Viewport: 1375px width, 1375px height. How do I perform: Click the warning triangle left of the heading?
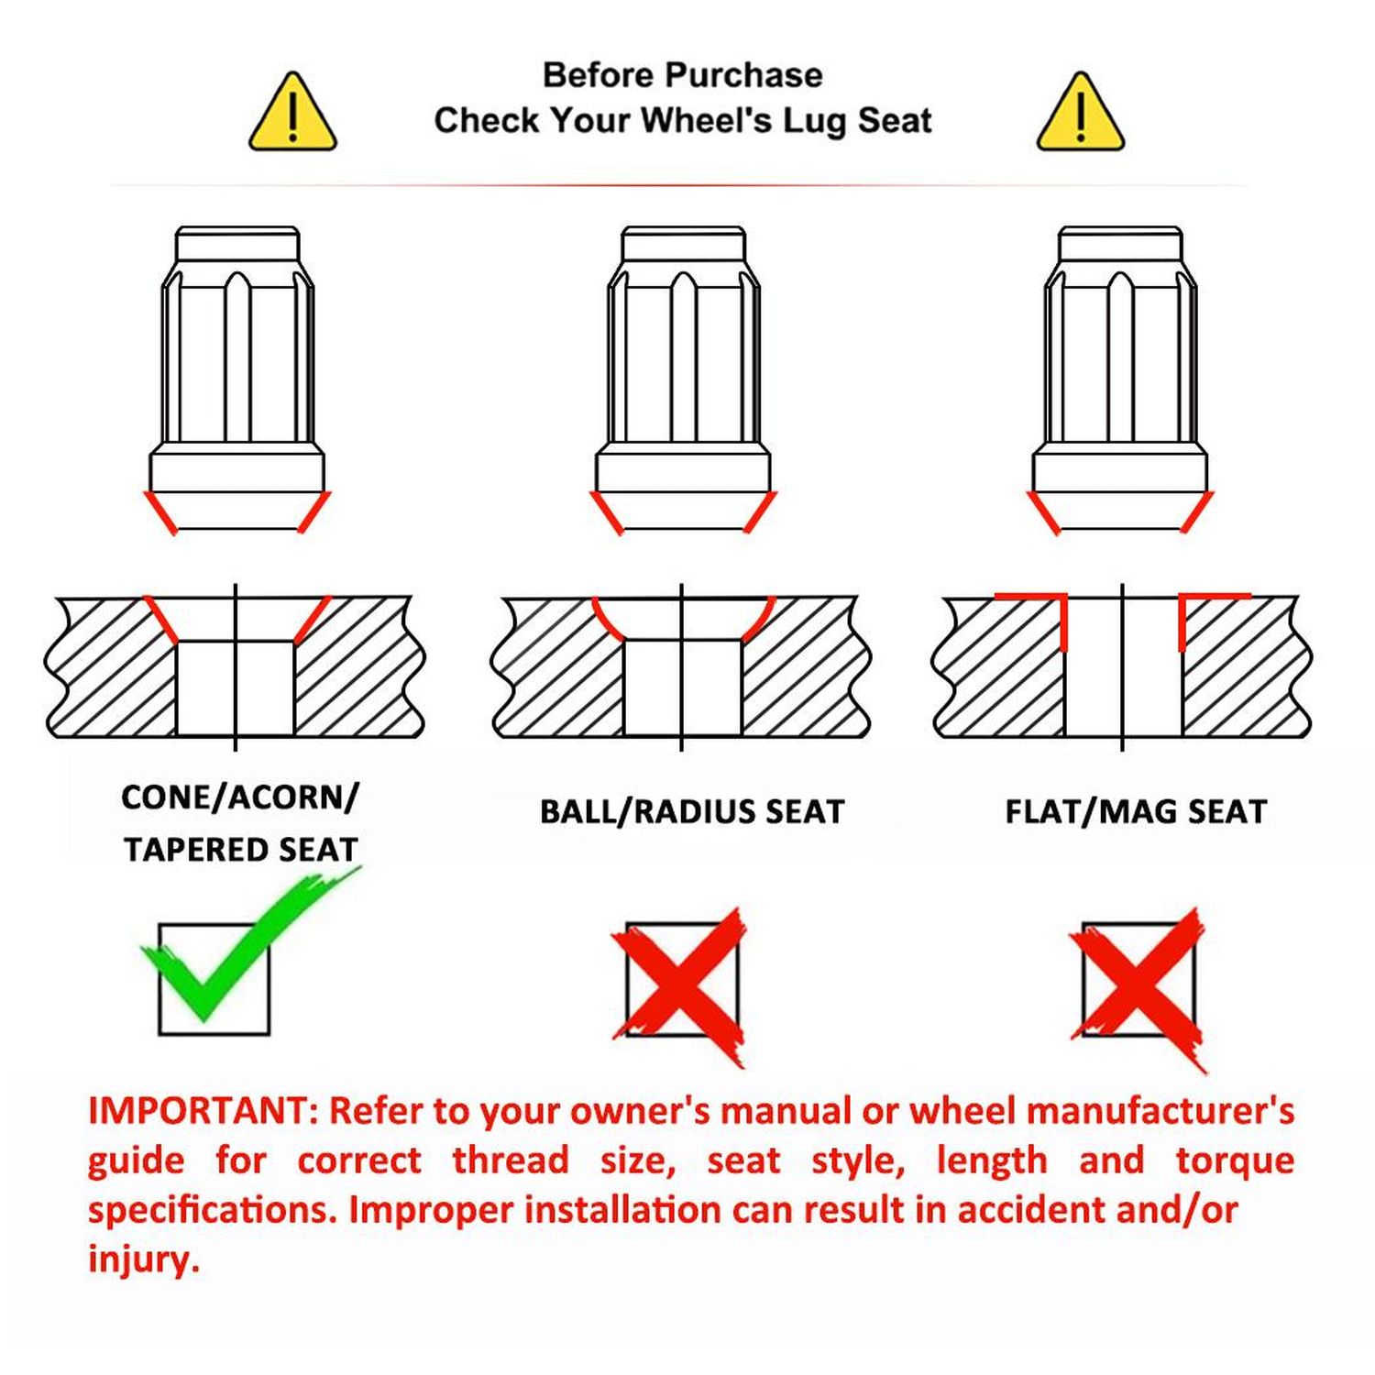(292, 112)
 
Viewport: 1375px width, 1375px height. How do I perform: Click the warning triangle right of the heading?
(1081, 112)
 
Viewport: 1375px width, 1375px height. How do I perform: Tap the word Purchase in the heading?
(744, 75)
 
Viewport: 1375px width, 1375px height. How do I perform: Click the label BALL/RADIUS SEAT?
(692, 812)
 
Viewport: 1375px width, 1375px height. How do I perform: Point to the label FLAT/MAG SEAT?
(1136, 812)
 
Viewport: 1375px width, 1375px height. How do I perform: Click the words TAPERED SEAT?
(240, 850)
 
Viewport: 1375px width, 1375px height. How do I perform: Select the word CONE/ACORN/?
(240, 797)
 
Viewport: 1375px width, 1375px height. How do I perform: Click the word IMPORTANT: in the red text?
(203, 1111)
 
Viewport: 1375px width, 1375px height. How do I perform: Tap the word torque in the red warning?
(1236, 1161)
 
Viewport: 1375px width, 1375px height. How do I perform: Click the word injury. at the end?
(144, 1259)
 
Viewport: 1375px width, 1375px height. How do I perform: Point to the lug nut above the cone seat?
(237, 379)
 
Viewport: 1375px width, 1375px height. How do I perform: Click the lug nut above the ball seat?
(683, 379)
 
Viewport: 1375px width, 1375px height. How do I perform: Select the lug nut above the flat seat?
(1120, 379)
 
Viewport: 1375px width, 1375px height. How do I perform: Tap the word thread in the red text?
(511, 1160)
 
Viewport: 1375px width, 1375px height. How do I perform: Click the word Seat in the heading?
(895, 121)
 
